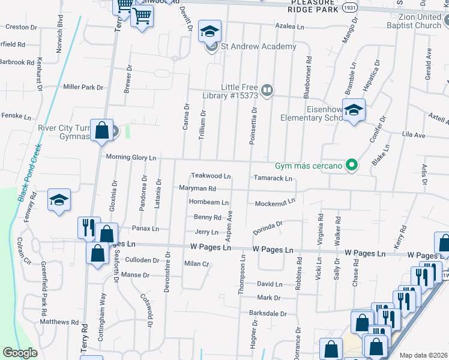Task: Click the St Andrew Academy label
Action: coord(258,47)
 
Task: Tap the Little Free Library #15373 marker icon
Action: coord(268,91)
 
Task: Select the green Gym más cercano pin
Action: coord(353,165)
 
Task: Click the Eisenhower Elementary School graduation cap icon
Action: coord(354,110)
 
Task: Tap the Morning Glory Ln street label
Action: coord(131,157)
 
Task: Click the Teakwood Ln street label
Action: coord(211,176)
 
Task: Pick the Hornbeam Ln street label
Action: coord(208,203)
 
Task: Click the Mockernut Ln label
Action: coord(275,203)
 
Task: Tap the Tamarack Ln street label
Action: coord(273,178)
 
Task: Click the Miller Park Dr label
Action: coord(83,87)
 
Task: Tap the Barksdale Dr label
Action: coord(268,313)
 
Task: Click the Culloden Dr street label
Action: coord(142,260)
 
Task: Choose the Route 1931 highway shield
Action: coord(351,8)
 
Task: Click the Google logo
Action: coord(20,353)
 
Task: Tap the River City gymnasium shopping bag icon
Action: coord(102,130)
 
